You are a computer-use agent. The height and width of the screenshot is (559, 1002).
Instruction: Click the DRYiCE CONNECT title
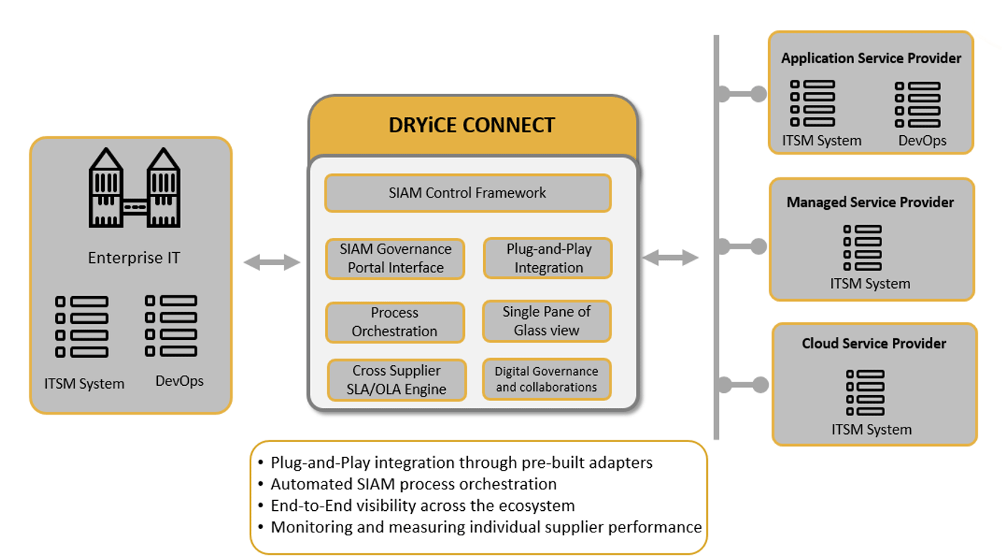click(472, 125)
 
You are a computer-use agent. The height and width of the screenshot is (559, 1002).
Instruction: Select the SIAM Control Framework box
click(468, 193)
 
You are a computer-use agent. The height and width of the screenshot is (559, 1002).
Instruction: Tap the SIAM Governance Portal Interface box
click(395, 259)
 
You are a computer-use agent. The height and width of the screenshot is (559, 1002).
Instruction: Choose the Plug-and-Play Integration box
click(548, 258)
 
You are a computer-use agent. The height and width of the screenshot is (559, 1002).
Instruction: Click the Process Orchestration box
click(395, 323)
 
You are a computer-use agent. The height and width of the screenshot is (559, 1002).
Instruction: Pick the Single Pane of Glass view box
click(547, 321)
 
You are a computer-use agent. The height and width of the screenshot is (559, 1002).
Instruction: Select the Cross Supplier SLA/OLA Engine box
click(397, 380)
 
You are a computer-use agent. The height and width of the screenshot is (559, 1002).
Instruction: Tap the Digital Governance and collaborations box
click(547, 379)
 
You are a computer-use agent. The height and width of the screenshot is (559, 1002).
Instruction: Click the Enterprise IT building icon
click(135, 188)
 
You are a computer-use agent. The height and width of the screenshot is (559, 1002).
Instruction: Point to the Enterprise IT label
click(134, 258)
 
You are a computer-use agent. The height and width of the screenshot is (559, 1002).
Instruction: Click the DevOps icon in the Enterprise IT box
click(171, 325)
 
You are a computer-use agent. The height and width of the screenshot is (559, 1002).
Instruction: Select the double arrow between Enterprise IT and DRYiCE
click(272, 262)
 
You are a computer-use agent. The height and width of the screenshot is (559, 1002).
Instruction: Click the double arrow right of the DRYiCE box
click(670, 257)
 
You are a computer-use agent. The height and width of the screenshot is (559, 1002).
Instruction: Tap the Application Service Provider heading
click(871, 58)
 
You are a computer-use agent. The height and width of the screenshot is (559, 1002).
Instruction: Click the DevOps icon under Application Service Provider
click(917, 104)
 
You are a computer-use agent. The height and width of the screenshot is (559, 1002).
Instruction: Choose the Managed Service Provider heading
click(870, 203)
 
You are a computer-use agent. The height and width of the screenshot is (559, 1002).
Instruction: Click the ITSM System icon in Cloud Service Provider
click(865, 393)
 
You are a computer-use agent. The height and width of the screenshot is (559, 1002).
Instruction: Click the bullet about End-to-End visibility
click(416, 506)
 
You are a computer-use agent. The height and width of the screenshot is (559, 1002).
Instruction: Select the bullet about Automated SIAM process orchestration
click(408, 484)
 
